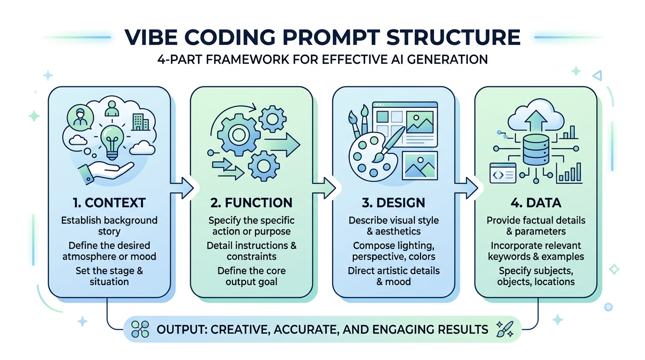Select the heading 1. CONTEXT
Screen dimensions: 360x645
(109, 202)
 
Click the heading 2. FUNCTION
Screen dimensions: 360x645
(251, 202)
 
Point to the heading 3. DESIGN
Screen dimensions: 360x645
(393, 202)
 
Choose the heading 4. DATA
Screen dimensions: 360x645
(536, 202)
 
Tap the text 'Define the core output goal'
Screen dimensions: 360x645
(251, 277)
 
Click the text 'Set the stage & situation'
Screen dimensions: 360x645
(109, 277)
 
